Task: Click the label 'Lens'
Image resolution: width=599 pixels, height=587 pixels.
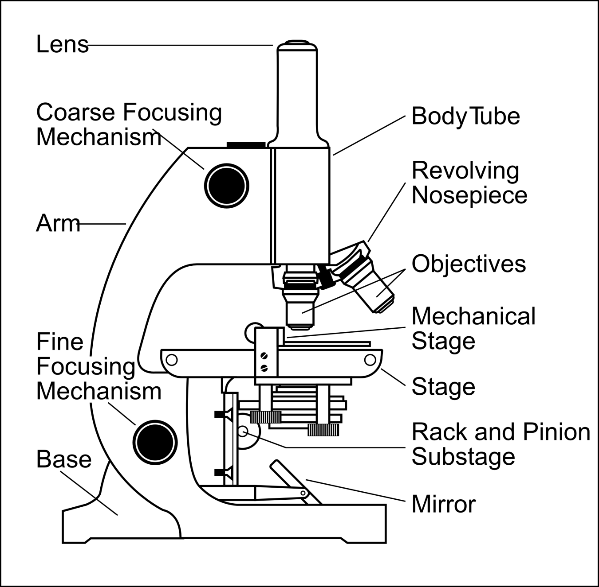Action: (62, 44)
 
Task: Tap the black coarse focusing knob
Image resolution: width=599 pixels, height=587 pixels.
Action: (226, 186)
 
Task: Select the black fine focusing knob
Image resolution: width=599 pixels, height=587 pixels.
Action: (155, 442)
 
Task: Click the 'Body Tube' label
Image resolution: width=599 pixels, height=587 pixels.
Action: (465, 116)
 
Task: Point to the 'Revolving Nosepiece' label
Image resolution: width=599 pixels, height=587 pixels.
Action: (469, 183)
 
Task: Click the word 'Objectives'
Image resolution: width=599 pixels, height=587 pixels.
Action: (469, 264)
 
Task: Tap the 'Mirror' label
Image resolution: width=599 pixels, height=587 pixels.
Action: (443, 504)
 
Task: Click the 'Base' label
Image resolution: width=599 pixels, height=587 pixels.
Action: (64, 459)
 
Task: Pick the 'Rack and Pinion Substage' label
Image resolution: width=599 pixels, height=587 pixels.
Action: (500, 444)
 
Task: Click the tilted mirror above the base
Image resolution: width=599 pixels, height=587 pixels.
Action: (295, 481)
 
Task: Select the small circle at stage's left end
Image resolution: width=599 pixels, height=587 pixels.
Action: (171, 360)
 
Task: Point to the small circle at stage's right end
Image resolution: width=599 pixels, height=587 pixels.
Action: (370, 360)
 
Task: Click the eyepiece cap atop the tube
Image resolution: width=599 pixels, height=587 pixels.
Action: (297, 43)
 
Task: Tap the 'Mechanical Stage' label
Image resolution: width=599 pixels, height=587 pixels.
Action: (473, 329)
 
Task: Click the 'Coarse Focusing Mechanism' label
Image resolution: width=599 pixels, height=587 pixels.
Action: (129, 124)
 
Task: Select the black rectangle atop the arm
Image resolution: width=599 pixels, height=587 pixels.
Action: (246, 144)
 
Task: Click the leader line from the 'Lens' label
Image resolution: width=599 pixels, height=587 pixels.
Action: (177, 45)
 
